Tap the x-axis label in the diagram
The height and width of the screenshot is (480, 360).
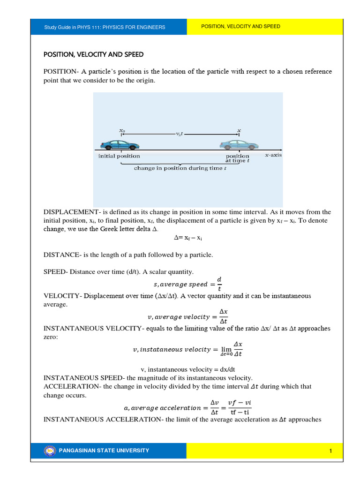273,155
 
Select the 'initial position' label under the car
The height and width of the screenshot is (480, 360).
119,156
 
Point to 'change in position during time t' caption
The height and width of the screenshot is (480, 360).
180,168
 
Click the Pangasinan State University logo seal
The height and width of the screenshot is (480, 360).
49,450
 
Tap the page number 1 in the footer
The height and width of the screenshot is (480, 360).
330,451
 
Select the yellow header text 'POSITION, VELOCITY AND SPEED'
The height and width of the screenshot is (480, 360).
240,27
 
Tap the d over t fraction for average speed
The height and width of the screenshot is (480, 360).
219,284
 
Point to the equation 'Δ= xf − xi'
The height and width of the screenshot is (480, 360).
187,238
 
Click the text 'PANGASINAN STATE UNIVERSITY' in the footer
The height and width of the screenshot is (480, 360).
104,451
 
